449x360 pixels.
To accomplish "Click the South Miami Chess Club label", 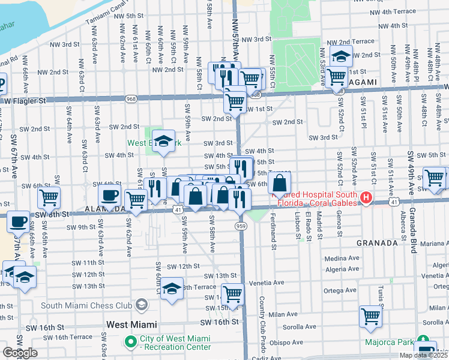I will point(86,305).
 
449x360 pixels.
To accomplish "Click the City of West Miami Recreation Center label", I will point(175,343).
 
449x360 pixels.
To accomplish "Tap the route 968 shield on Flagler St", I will point(131,98).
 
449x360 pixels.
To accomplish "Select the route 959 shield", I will point(240,226).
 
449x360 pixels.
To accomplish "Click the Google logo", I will point(20,353).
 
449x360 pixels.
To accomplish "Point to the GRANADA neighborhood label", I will point(376,243).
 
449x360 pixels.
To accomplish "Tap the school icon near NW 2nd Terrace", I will point(340,57).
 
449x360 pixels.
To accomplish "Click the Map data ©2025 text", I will point(422,355).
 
